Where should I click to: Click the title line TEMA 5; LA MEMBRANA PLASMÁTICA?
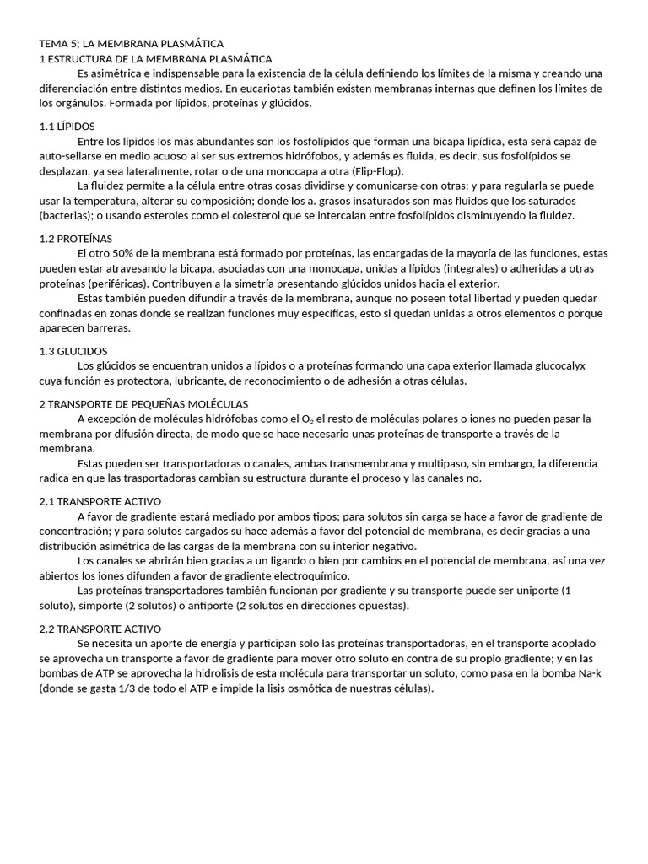(x=132, y=43)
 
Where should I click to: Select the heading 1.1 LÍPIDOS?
(x=67, y=126)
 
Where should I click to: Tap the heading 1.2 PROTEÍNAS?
(x=76, y=238)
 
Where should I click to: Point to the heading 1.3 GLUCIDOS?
(x=73, y=350)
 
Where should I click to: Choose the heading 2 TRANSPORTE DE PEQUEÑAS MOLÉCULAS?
(x=143, y=403)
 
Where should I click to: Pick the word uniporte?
(x=527, y=591)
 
